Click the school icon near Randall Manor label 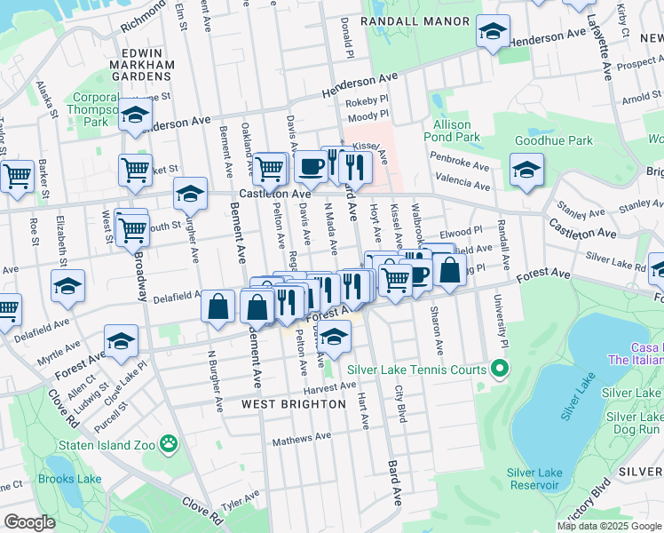point(493,32)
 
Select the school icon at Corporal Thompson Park point(135,115)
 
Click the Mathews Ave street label point(302,438)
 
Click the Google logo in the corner point(29,522)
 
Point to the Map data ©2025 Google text point(609,526)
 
